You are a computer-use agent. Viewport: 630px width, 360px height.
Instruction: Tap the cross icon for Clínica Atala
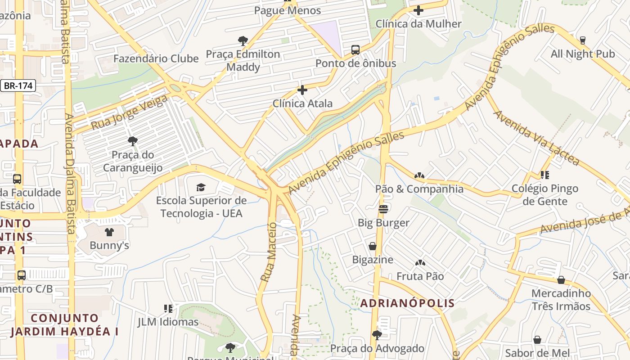(302, 90)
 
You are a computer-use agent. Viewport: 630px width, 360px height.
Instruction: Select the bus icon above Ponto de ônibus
(355, 49)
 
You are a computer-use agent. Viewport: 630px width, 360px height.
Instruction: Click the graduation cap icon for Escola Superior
(201, 187)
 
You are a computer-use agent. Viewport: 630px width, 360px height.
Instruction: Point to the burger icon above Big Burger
(383, 209)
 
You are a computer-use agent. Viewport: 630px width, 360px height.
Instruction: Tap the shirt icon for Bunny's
(109, 232)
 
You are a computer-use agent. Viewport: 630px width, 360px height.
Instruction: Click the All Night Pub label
(583, 54)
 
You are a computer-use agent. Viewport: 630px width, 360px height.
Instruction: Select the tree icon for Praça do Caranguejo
(132, 141)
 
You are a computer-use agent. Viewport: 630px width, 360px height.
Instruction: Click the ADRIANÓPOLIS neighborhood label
(407, 303)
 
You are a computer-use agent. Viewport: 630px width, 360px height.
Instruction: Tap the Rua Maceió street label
(268, 252)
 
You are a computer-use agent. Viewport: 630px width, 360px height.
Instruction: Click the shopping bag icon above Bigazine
(373, 246)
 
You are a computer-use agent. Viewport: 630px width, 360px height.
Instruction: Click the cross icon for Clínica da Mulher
(418, 10)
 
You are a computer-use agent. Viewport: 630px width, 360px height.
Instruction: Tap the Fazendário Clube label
(156, 58)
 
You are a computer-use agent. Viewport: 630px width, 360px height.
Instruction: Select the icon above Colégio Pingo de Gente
(545, 175)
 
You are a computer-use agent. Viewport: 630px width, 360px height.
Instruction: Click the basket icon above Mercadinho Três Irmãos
(561, 280)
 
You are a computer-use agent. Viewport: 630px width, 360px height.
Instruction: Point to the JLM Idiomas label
(168, 322)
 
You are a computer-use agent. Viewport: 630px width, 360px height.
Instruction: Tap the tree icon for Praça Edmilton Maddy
(243, 41)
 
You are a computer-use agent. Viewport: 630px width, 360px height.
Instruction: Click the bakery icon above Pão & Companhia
(419, 175)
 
